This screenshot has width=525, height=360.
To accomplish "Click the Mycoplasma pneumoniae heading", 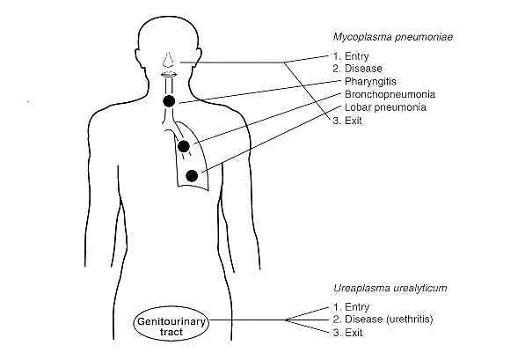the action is tap(393, 37).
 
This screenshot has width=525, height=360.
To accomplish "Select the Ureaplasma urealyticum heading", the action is tap(390, 289).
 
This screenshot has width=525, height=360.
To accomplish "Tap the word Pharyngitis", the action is tap(370, 82).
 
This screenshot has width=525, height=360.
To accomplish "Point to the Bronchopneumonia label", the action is tap(390, 94).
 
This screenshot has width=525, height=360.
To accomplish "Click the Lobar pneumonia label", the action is tap(385, 107).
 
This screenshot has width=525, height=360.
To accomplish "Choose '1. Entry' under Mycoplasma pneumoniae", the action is tap(351, 56).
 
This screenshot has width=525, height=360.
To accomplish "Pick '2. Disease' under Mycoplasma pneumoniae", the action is tap(357, 69).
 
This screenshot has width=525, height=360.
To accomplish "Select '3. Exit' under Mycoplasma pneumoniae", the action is tap(347, 121).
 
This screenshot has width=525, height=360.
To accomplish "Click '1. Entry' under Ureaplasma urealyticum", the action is tap(351, 307).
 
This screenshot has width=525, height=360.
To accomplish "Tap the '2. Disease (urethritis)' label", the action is tap(383, 320).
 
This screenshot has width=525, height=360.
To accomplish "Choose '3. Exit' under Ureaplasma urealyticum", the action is tap(347, 333).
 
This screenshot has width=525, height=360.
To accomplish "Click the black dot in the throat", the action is tap(169, 101).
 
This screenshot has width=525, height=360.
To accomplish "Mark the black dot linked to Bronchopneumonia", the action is tap(184, 146).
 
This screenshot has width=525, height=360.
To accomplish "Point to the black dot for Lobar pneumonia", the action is tap(192, 176).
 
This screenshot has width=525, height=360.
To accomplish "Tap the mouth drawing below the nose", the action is tap(169, 75).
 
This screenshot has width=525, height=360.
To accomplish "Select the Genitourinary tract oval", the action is tap(171, 323).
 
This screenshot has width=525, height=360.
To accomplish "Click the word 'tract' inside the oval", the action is tap(171, 332).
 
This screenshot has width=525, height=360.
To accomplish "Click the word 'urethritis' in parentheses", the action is tap(410, 320).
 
